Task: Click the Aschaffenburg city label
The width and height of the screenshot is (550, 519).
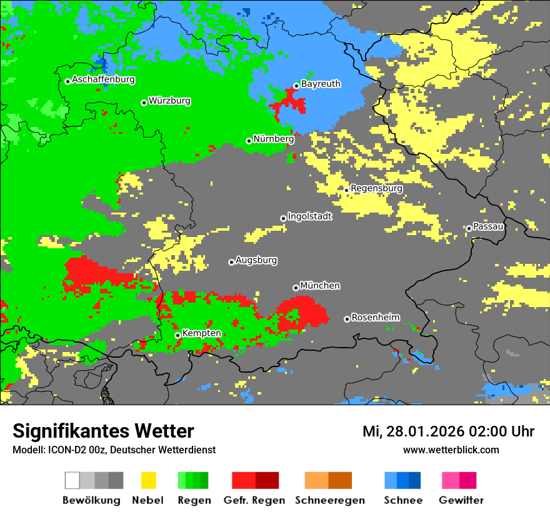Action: coord(103,80)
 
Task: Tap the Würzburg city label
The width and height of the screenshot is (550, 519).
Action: coord(169,101)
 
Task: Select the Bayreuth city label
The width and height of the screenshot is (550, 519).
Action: coord(321,84)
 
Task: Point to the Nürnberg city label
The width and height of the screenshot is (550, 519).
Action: coord(273,139)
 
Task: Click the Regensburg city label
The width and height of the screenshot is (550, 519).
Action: coord(376,188)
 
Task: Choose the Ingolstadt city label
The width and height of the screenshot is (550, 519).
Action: coord(309,217)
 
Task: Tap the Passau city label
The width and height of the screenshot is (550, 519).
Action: coord(488,227)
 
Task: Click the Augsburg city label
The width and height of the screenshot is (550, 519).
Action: coord(256,261)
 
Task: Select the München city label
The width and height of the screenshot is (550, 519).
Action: coord(320,286)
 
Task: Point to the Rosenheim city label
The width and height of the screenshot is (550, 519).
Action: coord(375,318)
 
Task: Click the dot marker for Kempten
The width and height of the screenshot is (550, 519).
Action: coord(177,335)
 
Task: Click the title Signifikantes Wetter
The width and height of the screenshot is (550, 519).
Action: coord(103,431)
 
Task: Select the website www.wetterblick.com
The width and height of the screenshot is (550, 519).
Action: coord(451,450)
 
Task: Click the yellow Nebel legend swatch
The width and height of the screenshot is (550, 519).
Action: coord(148,480)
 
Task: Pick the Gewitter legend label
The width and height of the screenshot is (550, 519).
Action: coord(461,500)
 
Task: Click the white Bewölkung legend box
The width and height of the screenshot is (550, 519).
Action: coord(72,480)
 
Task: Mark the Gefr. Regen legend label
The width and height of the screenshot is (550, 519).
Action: coord(254,500)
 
